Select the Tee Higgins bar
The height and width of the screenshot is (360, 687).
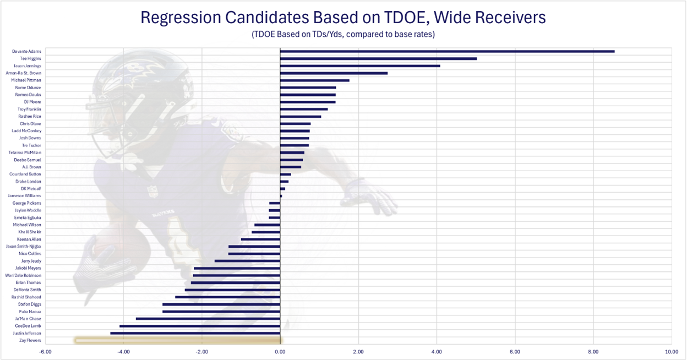[x=378, y=58]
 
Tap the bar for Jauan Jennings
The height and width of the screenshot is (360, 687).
[x=360, y=66]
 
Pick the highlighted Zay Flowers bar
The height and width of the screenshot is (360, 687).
[x=177, y=341]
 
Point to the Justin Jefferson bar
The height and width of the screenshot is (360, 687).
[x=195, y=333]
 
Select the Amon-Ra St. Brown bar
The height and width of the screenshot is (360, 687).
[x=334, y=73]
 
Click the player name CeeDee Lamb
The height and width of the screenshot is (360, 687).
[x=28, y=326]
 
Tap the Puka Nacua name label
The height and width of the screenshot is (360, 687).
[x=30, y=312]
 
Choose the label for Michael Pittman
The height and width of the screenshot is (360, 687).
[x=26, y=80]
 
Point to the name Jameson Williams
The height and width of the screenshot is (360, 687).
[x=24, y=196]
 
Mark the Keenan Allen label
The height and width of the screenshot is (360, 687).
[x=29, y=239]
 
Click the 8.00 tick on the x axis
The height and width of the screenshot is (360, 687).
[x=593, y=351]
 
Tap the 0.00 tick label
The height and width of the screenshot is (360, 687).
[x=280, y=351]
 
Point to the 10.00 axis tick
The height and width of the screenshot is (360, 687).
[x=670, y=351]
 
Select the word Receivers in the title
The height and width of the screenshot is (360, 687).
[x=510, y=18]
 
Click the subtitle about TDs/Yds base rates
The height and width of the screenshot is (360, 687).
[x=343, y=35]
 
